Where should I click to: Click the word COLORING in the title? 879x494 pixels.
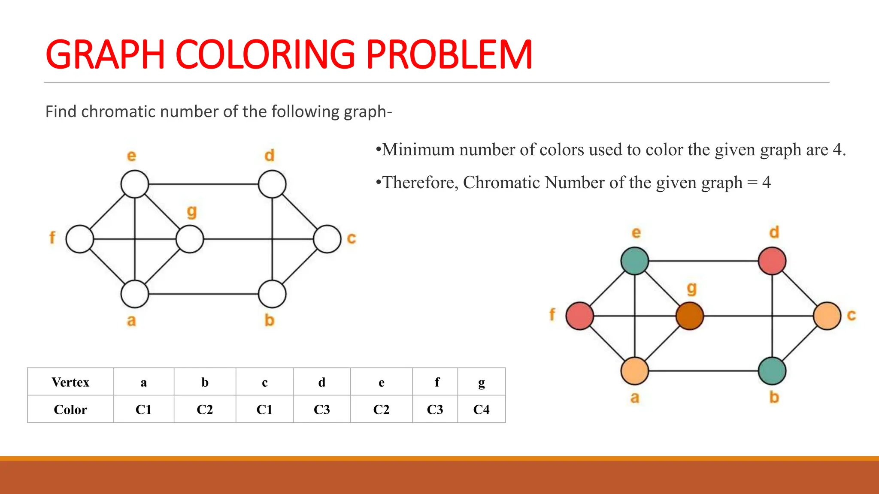(265, 55)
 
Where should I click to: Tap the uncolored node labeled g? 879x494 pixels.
(190, 239)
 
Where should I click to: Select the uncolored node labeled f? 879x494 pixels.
(80, 239)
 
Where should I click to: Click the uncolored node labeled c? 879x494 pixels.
(327, 239)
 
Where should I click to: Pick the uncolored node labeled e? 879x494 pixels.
(135, 184)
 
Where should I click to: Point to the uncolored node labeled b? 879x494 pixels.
(272, 294)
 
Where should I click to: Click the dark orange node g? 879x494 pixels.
(690, 316)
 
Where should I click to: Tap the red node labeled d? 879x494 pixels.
(772, 261)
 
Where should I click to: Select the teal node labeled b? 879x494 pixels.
(772, 371)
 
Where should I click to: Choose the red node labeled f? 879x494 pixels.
(580, 316)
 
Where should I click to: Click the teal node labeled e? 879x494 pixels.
(635, 261)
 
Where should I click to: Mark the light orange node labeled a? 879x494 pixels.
(635, 371)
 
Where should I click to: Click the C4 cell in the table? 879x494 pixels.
(481, 410)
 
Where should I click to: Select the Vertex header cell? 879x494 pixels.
(70, 382)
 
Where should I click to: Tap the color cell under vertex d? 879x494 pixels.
(322, 410)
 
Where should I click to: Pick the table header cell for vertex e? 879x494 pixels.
(381, 382)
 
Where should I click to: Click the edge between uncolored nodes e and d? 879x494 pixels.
(203, 184)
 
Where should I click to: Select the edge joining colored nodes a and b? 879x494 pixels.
(703, 371)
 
